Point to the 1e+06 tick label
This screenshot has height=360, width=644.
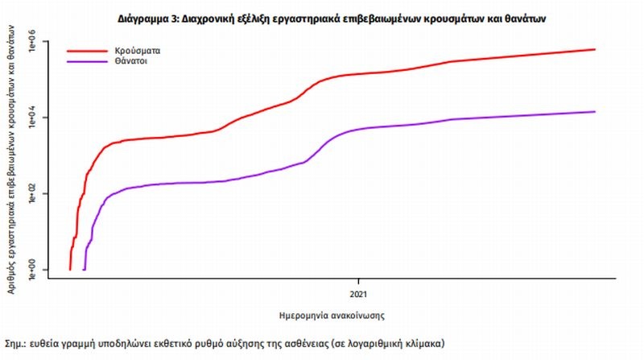click(34, 42)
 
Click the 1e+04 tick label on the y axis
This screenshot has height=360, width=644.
click(34, 118)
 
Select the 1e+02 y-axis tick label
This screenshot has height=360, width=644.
click(34, 193)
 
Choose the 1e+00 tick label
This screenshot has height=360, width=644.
click(34, 269)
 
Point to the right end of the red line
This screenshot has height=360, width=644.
click(595, 49)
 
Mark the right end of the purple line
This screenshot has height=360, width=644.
click(595, 111)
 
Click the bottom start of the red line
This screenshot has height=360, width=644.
click(70, 269)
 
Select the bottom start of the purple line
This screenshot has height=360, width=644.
click(84, 269)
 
